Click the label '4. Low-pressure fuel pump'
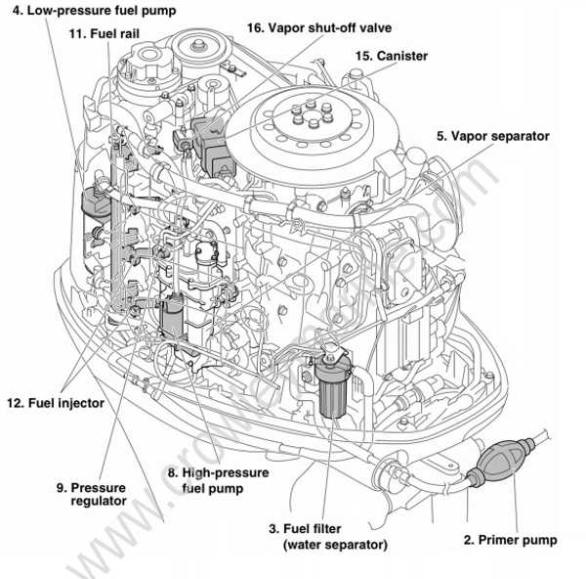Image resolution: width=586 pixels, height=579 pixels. coord(89,12)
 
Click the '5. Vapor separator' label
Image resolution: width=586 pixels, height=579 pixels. coord(492,136)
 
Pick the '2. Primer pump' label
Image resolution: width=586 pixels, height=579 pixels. coord(509,539)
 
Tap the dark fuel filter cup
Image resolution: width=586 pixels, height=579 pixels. coord(333,395)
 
